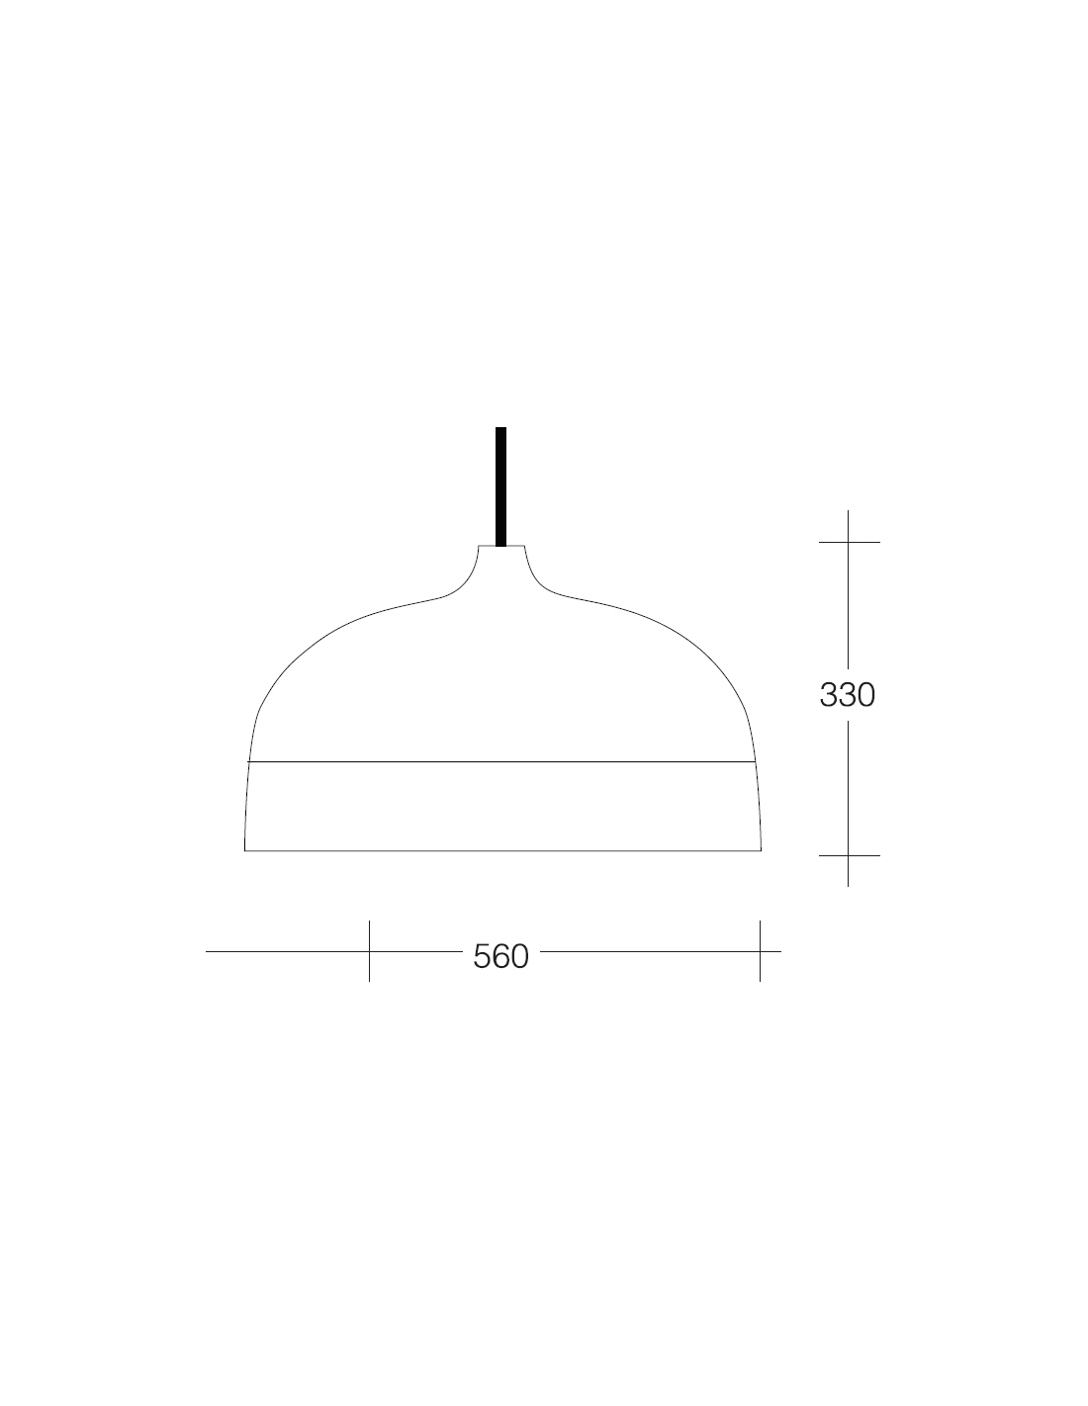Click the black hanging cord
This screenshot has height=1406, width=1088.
(500, 485)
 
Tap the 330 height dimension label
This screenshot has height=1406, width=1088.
(847, 694)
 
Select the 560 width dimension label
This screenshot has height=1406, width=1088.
(500, 956)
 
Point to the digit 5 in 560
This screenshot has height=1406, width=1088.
(483, 956)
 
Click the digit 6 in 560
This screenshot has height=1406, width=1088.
(500, 956)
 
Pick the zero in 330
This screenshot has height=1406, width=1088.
(866, 694)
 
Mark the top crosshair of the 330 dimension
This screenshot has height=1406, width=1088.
(848, 542)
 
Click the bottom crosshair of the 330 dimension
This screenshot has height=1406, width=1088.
(848, 855)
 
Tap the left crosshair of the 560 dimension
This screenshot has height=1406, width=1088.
(370, 951)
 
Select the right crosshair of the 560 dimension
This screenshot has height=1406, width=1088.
(760, 951)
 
